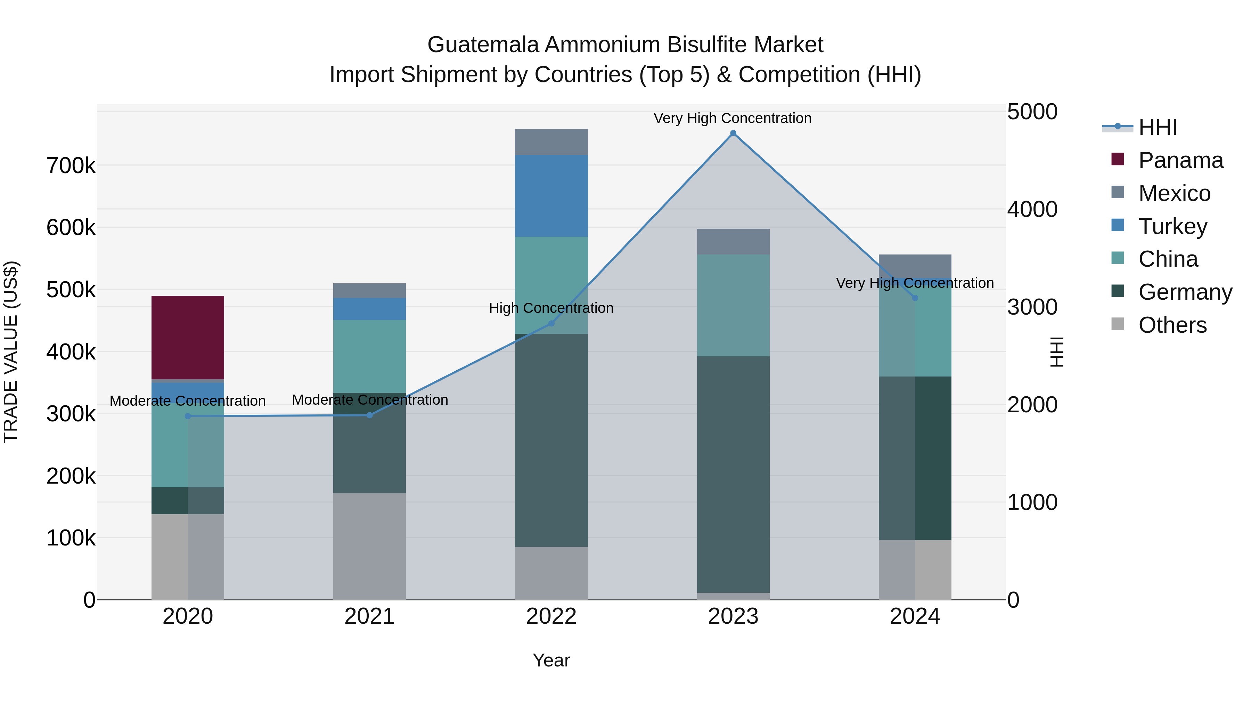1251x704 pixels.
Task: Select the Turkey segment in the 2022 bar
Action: tap(551, 196)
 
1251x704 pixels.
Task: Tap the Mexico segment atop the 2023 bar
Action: tap(733, 242)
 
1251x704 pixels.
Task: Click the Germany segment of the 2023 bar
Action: tap(733, 474)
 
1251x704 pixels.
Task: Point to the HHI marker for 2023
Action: tap(733, 133)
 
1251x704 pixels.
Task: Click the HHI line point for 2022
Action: tap(551, 323)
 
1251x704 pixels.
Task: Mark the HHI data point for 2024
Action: tap(915, 298)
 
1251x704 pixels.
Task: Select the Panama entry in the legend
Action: tap(1180, 160)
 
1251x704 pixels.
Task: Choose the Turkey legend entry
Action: tap(1172, 226)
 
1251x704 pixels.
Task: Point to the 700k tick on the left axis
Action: tap(71, 166)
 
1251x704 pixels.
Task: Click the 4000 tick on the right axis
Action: tap(1032, 209)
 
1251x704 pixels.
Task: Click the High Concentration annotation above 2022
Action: tap(551, 308)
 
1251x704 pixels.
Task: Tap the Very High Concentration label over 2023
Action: tap(732, 118)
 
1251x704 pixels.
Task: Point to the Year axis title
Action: tap(551, 660)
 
